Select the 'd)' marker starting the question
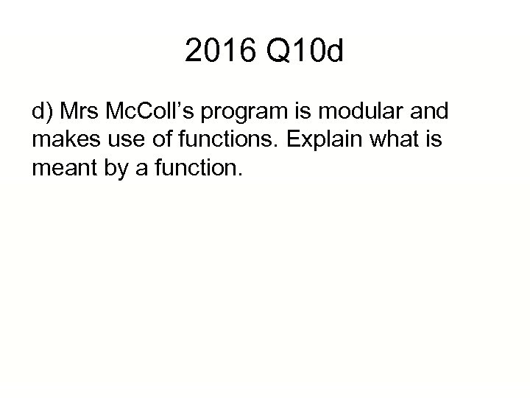click(43, 113)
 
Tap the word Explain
click(303, 140)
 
